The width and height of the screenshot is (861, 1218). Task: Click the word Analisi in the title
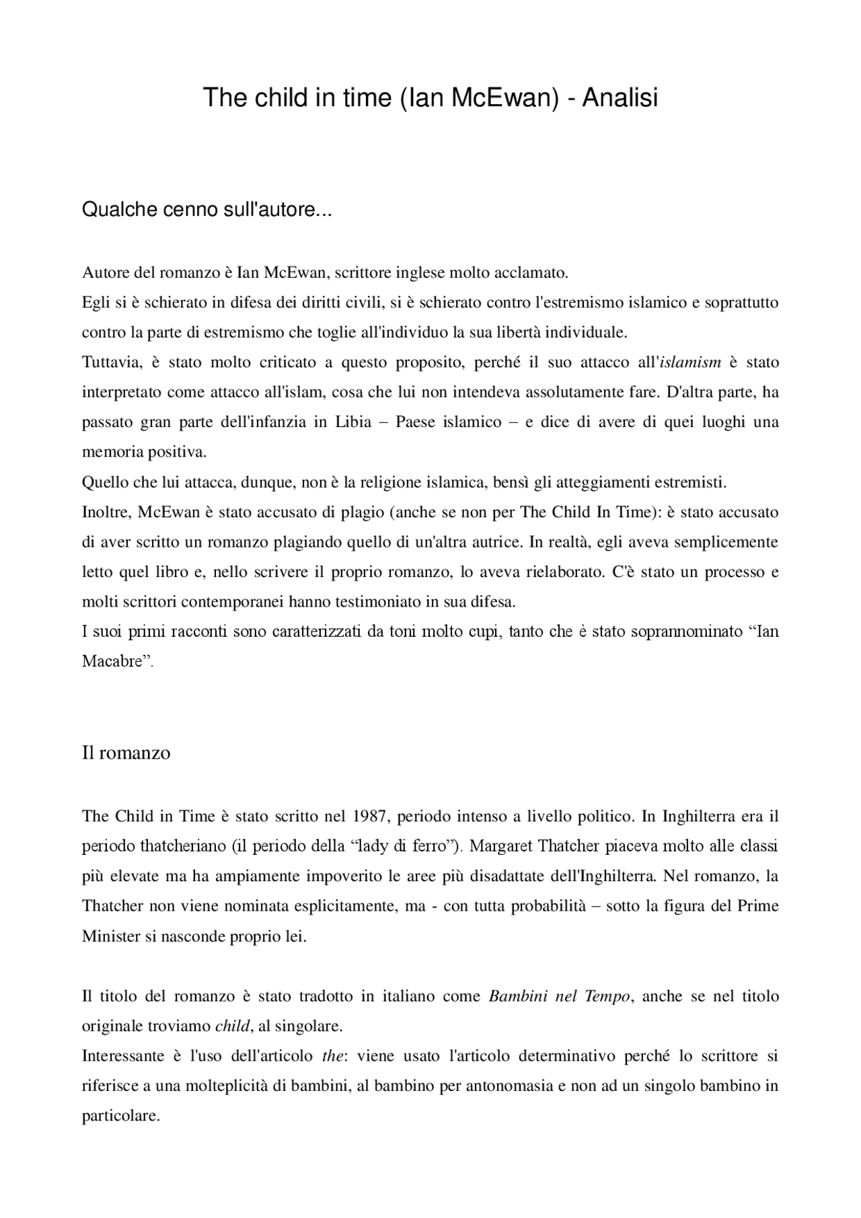coord(620,98)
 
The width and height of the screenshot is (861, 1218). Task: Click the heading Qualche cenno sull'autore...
coord(207,210)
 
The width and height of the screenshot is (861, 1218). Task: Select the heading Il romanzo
coord(126,752)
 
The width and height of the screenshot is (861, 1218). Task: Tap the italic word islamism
coord(690,363)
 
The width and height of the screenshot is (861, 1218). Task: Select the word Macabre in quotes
coord(115,661)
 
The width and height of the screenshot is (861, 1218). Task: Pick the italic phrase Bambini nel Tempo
coord(560,996)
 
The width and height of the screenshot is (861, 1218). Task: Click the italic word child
coord(232,1026)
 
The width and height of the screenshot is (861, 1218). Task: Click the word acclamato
coord(531,273)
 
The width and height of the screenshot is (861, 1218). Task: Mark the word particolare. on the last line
coord(120,1116)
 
